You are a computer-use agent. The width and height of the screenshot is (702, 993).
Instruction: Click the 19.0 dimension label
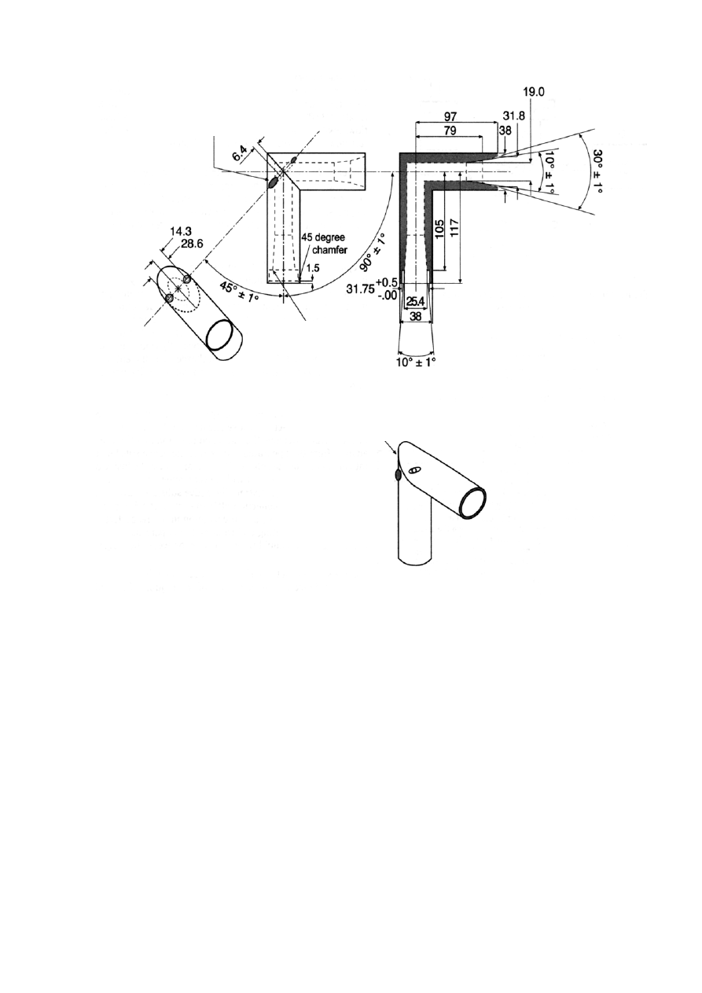[x=534, y=92]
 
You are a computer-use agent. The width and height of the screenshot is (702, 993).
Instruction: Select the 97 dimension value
[x=450, y=117]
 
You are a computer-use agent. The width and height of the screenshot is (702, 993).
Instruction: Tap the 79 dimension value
[x=450, y=131]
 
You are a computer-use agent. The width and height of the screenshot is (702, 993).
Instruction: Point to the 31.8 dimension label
[x=513, y=116]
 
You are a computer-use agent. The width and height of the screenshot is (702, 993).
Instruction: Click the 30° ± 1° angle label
[x=597, y=171]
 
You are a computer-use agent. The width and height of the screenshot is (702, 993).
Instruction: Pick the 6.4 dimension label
[x=240, y=154]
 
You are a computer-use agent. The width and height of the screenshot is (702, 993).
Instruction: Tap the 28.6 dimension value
[x=192, y=244]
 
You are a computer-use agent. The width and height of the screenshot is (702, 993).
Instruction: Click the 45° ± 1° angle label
[x=240, y=293]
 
